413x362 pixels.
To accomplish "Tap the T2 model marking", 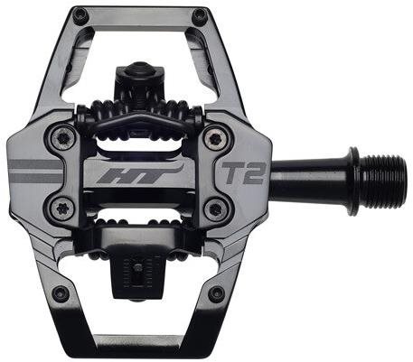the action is coord(243,173).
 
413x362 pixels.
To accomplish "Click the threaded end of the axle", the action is coord(382,181).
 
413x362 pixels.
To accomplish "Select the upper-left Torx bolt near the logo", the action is coord(63,138).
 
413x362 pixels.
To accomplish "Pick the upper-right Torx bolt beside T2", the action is coord(215,138).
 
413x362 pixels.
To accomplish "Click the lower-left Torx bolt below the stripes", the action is coord(62,209).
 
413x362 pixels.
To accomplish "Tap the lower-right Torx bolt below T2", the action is coord(215,209).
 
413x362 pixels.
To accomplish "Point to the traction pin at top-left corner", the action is coord(80,14).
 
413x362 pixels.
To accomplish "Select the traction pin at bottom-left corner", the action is coord(61,292).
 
